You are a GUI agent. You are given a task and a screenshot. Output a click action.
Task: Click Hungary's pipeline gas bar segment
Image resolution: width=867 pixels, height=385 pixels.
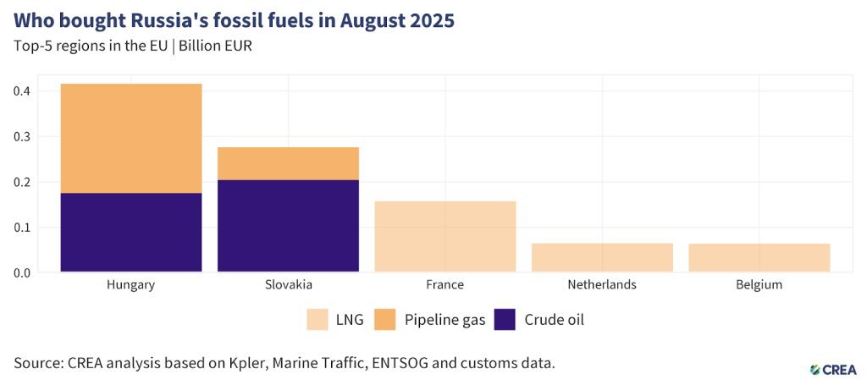tap(130, 139)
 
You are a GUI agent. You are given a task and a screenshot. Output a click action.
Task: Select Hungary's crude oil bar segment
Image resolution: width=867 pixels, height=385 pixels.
tap(130, 233)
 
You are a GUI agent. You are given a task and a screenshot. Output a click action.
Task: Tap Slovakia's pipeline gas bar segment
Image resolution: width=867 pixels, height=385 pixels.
tap(288, 163)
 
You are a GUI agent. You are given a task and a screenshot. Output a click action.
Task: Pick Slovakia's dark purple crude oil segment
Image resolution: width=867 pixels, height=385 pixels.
tap(288, 226)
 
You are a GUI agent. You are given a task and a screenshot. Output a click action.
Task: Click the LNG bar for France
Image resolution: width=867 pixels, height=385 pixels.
tap(445, 236)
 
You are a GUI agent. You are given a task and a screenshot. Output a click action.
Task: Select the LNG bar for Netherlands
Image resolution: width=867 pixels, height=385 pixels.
tap(602, 257)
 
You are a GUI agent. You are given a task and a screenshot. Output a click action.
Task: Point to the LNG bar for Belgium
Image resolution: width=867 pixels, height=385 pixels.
tap(759, 257)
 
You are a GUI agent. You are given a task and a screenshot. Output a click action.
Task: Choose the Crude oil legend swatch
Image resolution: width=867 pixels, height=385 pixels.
tap(505, 320)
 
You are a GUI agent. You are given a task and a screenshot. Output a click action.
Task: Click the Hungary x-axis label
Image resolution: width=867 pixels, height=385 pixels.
tap(130, 285)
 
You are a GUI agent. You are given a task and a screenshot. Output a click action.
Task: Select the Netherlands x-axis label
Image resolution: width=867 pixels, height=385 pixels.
tap(602, 285)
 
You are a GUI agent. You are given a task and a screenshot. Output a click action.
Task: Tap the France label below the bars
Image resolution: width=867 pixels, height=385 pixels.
tap(445, 285)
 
